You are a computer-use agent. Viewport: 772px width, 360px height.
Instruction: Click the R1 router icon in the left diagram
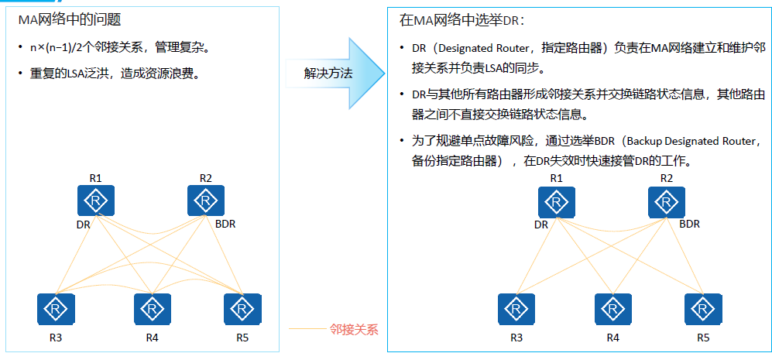tap(96, 201)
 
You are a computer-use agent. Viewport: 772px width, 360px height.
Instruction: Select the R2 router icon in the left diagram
tap(206, 201)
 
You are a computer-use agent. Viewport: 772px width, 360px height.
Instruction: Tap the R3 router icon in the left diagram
tap(56, 309)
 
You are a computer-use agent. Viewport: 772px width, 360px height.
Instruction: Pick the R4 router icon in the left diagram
tap(152, 309)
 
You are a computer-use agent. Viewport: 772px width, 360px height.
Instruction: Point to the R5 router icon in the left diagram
tap(242, 309)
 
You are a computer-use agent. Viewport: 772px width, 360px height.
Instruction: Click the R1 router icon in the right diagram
tap(556, 201)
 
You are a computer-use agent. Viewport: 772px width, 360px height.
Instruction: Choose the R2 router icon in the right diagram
tap(667, 201)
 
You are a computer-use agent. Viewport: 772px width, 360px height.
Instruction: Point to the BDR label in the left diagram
tap(225, 225)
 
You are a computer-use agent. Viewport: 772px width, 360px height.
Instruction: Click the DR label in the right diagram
tap(541, 225)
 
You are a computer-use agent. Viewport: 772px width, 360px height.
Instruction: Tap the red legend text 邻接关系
tap(354, 329)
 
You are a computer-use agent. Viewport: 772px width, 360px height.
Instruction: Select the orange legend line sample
tap(307, 329)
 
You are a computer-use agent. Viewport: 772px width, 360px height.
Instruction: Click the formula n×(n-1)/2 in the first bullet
tap(60, 48)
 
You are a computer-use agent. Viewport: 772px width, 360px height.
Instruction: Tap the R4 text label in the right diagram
tap(612, 338)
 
